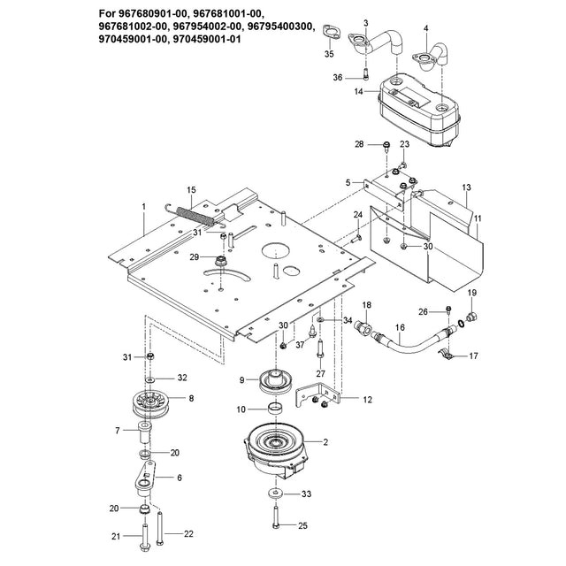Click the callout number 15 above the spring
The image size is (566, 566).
click(190, 190)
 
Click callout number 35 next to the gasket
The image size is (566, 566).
click(329, 55)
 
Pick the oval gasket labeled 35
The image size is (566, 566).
click(333, 34)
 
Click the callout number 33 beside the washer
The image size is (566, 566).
click(306, 493)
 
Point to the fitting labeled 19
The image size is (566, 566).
click(472, 315)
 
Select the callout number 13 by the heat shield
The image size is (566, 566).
click(467, 188)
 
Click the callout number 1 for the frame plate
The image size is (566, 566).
click(142, 206)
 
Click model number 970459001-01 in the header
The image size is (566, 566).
click(212, 40)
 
